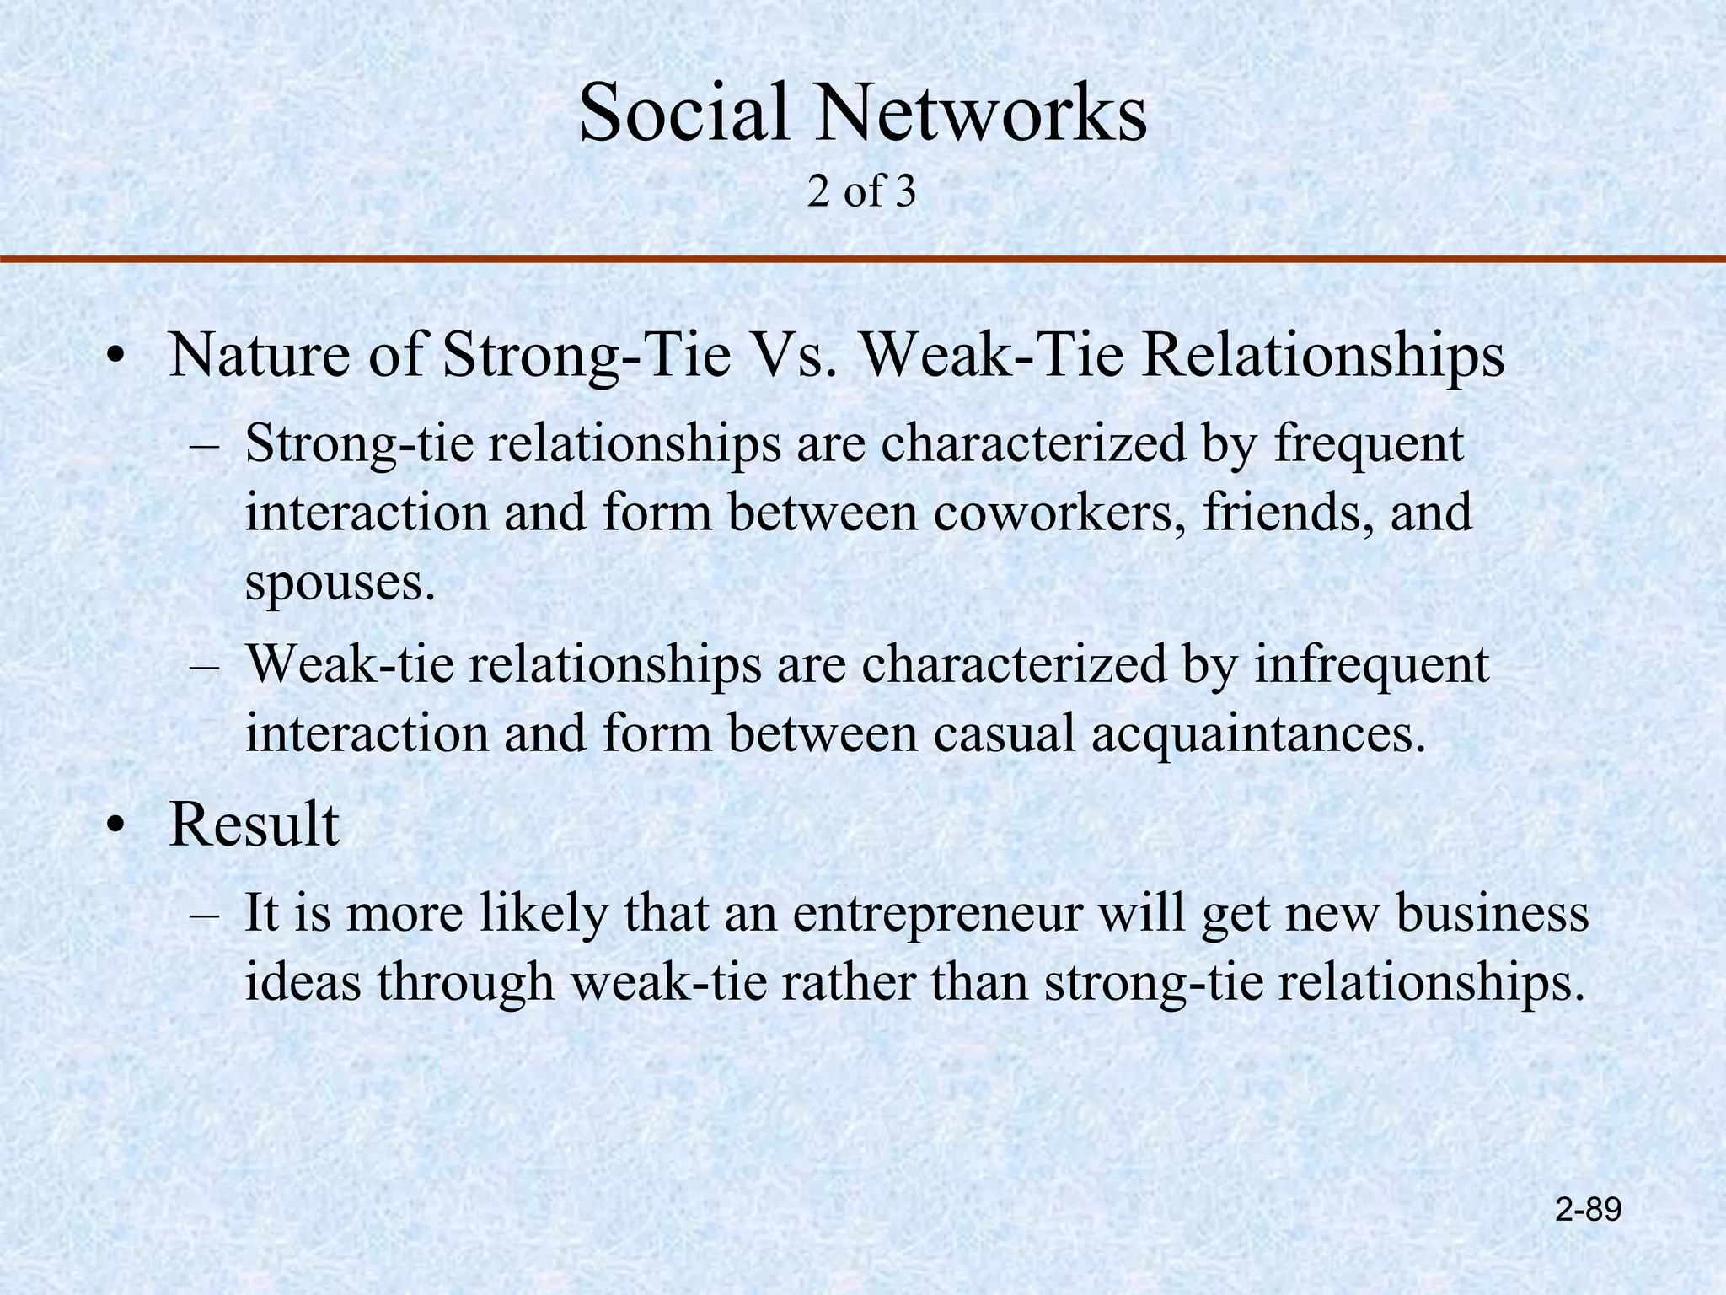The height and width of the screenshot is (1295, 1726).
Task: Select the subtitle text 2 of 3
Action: coord(860,192)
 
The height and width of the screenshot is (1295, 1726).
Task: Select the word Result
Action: coord(254,825)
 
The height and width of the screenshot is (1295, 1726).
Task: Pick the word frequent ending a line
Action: coord(1368,445)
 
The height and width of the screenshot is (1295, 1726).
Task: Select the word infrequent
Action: coord(1371,665)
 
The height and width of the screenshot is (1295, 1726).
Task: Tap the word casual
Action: coord(1004,733)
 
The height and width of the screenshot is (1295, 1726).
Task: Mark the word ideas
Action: coord(303,981)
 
